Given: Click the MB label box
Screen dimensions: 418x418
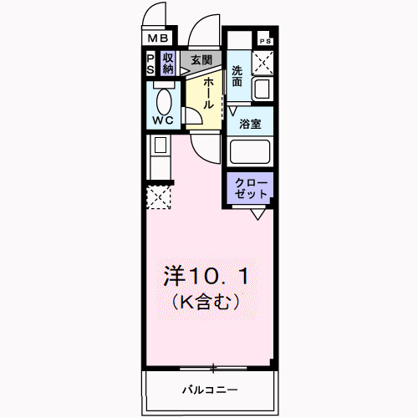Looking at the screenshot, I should tap(158, 38).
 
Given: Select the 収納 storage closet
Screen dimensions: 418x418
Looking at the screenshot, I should tap(167, 64).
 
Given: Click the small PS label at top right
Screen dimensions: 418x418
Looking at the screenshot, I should tap(265, 41).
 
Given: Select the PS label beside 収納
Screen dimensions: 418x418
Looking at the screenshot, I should tap(150, 64).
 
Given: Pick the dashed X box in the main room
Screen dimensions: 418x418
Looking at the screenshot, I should tap(158, 196).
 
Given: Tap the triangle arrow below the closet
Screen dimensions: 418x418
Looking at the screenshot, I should tap(258, 214).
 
